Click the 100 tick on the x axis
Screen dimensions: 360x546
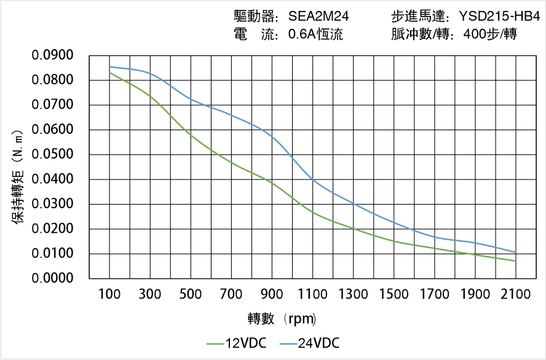coord(110,295)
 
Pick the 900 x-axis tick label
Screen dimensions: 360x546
coord(272,295)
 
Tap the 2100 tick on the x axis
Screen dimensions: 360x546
coord(515,295)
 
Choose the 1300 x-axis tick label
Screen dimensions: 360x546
coord(353,295)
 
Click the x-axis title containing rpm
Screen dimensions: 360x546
coord(282,319)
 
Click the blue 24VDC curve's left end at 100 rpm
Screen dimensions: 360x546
coord(110,67)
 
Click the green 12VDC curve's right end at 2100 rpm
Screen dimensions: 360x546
coord(515,261)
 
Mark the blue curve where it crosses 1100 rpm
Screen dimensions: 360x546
coord(313,179)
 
